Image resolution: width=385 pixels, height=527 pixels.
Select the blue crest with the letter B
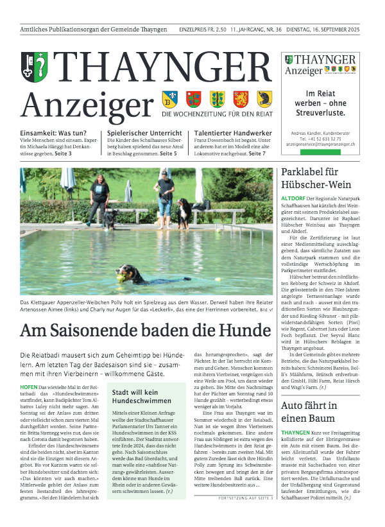click(169, 99)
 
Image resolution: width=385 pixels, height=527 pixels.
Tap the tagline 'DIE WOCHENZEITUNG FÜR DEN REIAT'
click(217, 114)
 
